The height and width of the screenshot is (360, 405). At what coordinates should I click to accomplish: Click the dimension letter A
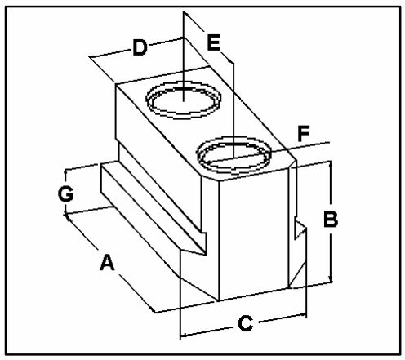[x=107, y=262]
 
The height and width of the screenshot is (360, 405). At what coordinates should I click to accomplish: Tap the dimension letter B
[x=331, y=219]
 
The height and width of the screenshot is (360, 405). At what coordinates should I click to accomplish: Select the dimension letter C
[x=246, y=323]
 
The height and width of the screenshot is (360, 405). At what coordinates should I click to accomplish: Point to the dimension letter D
[x=140, y=47]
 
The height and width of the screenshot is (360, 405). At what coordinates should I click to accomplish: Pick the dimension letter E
[x=213, y=42]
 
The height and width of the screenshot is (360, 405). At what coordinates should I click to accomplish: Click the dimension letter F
[x=303, y=134]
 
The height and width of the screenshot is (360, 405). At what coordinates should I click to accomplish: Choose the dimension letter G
[x=65, y=193]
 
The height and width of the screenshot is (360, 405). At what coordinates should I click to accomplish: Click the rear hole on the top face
[x=184, y=100]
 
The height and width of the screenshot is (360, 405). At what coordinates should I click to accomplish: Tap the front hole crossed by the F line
[x=234, y=155]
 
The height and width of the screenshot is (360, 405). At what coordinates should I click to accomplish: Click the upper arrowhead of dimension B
[x=331, y=164]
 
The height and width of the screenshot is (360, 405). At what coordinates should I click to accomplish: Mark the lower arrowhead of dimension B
[x=331, y=280]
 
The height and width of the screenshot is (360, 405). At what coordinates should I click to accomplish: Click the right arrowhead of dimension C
[x=303, y=315]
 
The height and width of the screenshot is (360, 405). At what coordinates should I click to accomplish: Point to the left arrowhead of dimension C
[x=184, y=335]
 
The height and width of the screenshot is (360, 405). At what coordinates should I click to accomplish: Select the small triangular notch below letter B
[x=300, y=229]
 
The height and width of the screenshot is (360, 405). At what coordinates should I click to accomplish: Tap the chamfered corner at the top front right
[x=292, y=164]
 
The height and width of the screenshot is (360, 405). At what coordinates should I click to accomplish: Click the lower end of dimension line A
[x=154, y=312]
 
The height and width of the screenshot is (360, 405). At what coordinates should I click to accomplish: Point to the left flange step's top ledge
[x=154, y=207]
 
